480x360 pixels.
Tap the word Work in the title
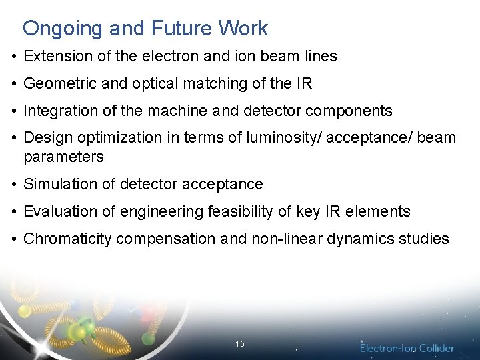pos(243,29)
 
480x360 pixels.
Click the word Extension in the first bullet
pos(58,57)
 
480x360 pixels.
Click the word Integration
pos(59,111)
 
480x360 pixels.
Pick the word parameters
pos(63,157)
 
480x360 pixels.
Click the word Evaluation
pos(58,212)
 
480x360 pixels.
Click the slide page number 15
pos(240,344)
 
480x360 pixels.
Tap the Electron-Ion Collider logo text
pos(407,348)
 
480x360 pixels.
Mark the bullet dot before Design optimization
pos(14,139)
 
